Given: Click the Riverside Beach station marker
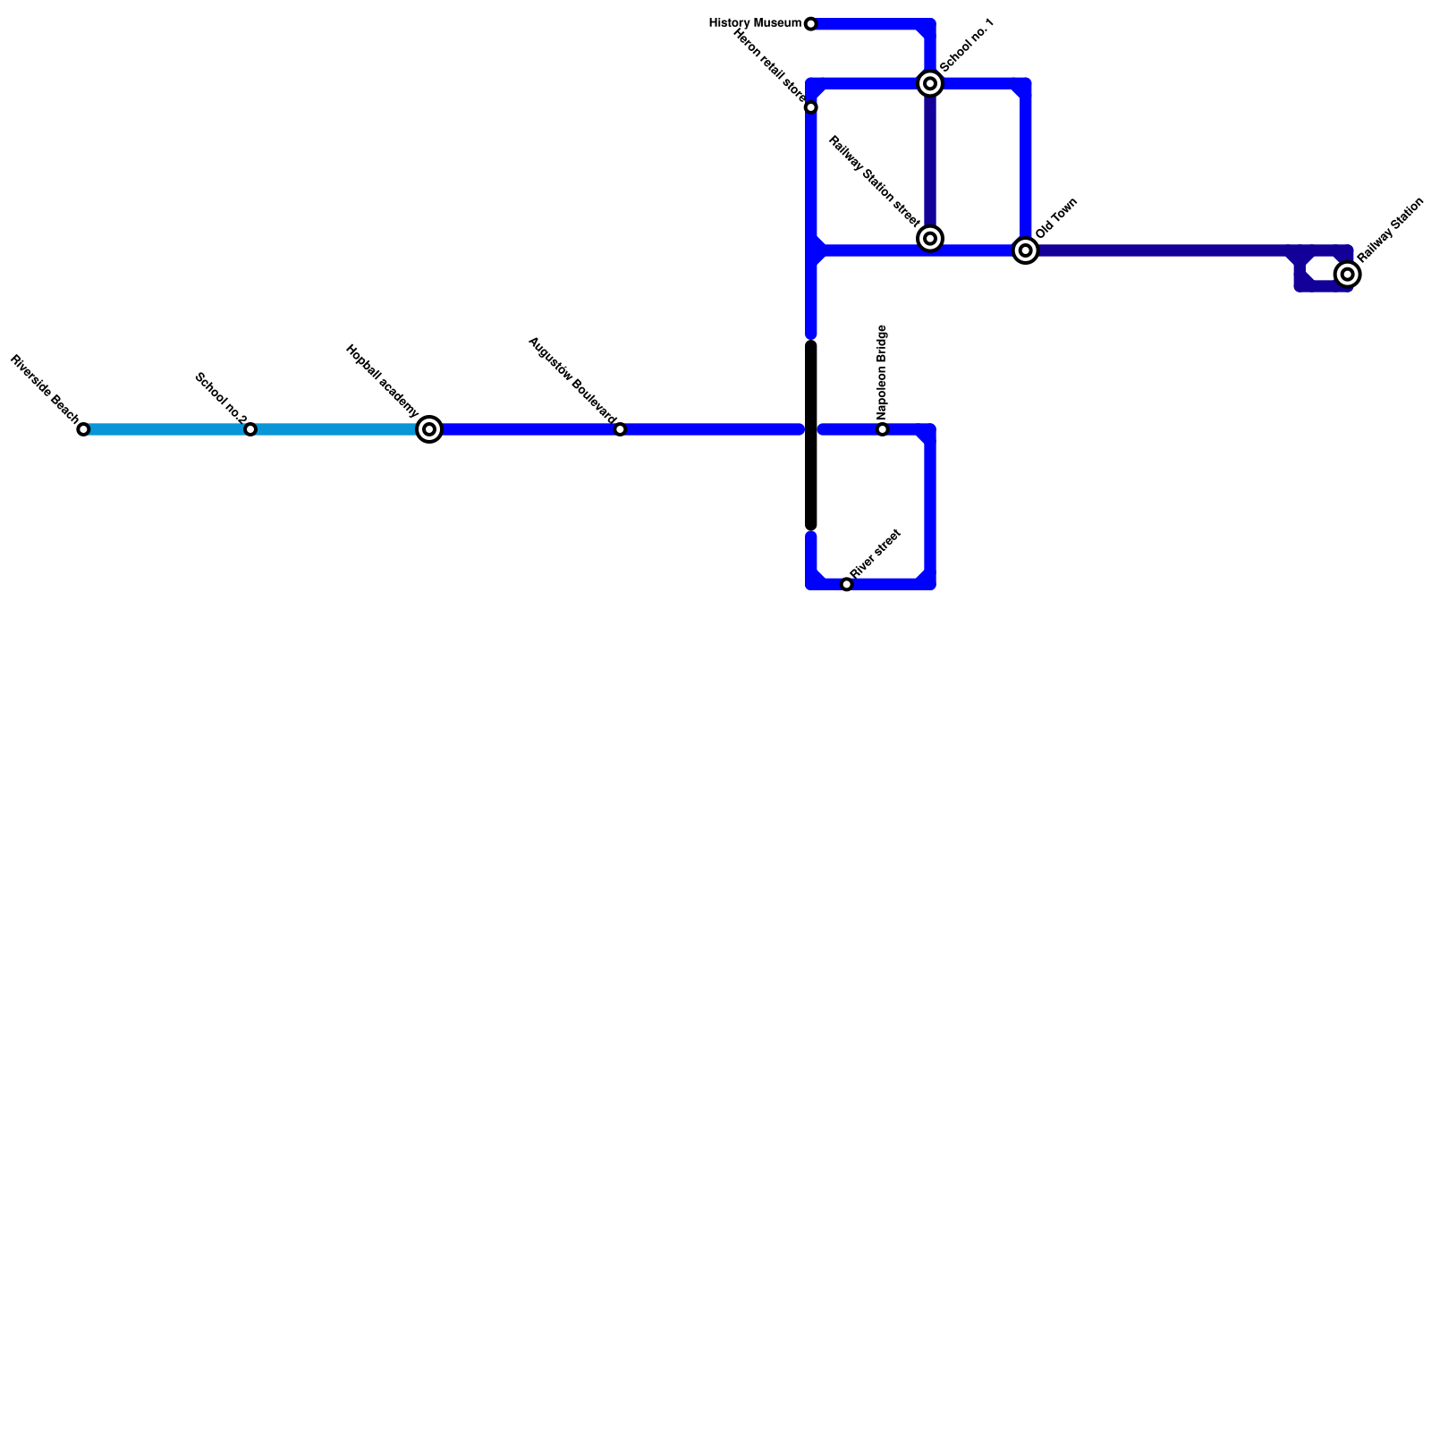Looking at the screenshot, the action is tap(83, 429).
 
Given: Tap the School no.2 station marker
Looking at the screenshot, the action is tap(250, 429).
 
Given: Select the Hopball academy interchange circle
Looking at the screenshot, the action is tap(429, 429).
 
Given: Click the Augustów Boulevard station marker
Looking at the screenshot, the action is tap(620, 429).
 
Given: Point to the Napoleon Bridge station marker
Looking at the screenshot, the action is tap(883, 429).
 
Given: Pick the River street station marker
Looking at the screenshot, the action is tap(847, 584).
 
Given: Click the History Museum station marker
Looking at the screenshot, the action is tap(810, 24).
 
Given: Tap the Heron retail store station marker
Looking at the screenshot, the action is tap(810, 107).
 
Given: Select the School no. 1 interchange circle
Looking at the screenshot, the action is tap(930, 83).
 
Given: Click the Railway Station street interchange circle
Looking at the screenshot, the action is tap(930, 238).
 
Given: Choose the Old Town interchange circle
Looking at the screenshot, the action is tap(1026, 250).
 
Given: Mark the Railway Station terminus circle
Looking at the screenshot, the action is tap(1347, 274).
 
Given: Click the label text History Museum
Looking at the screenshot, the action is tap(755, 23).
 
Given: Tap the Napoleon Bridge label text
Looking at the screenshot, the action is tap(882, 372).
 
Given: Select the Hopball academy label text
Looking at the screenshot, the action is tap(381, 380).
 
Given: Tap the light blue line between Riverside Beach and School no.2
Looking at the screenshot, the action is tap(166, 429).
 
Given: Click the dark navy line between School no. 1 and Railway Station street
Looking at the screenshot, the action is tap(930, 161).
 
